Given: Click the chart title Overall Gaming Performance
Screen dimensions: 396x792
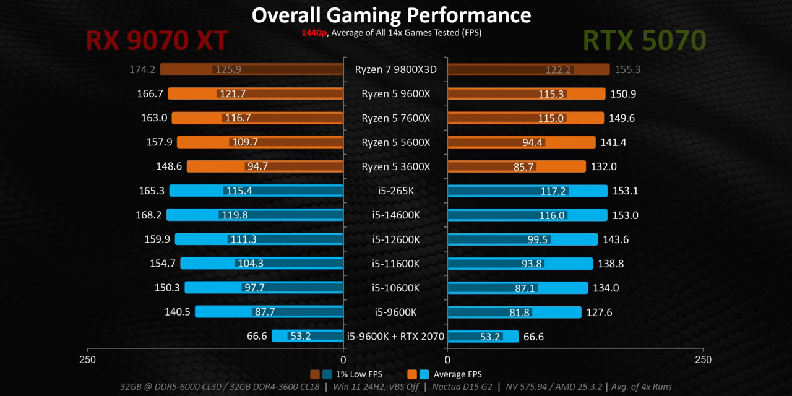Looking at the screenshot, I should coord(391,15).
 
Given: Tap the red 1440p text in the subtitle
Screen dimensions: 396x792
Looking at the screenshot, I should coord(314,33).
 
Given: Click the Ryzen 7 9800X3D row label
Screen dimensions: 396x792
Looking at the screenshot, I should coord(395,69).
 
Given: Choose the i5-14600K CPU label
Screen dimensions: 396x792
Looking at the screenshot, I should coord(395,215).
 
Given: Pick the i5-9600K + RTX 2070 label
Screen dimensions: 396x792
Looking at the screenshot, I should coord(395,337).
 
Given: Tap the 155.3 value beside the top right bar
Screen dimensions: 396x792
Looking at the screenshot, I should coord(627,69).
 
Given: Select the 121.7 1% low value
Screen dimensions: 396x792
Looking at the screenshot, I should coord(233,94).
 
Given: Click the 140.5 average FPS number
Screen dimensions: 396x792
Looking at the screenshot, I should coord(177,312).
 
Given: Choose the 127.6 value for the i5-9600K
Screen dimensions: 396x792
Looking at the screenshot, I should coord(599,312).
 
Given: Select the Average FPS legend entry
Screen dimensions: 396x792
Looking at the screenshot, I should coord(457,374).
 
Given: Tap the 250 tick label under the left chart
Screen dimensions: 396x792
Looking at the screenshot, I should coord(87,359).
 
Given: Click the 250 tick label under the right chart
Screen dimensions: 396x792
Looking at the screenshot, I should coord(703,359).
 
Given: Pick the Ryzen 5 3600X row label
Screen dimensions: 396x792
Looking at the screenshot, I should coord(395,167).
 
